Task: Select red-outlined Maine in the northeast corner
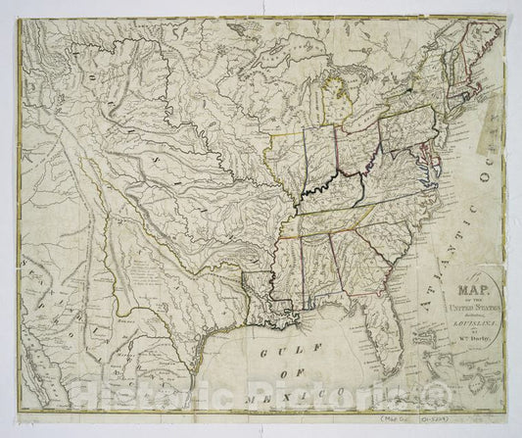click(x=470, y=49)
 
